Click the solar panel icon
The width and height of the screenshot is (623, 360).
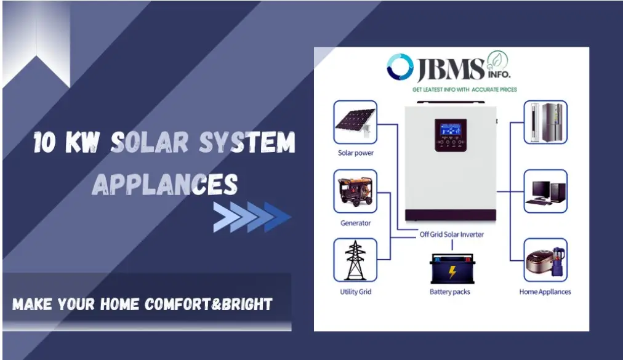click(x=355, y=123)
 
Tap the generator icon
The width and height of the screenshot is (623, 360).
click(x=355, y=192)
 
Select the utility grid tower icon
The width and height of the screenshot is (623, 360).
click(x=355, y=260)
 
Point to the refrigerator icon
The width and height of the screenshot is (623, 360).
click(x=545, y=122)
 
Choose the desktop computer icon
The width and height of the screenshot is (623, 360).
click(x=545, y=191)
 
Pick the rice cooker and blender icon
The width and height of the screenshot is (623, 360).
click(x=545, y=260)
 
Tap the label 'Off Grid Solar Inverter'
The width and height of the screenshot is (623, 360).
click(x=451, y=234)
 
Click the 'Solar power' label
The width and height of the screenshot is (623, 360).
click(x=355, y=153)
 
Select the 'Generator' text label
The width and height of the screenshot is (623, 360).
click(x=355, y=223)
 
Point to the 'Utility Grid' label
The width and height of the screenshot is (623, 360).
click(x=355, y=292)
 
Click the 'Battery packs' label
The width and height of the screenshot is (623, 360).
click(x=449, y=292)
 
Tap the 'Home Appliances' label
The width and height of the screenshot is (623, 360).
click(x=545, y=292)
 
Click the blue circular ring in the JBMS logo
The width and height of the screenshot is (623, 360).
click(x=400, y=67)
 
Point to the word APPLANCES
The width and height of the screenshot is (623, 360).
click(x=165, y=183)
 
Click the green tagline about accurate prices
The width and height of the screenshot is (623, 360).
click(x=464, y=90)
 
